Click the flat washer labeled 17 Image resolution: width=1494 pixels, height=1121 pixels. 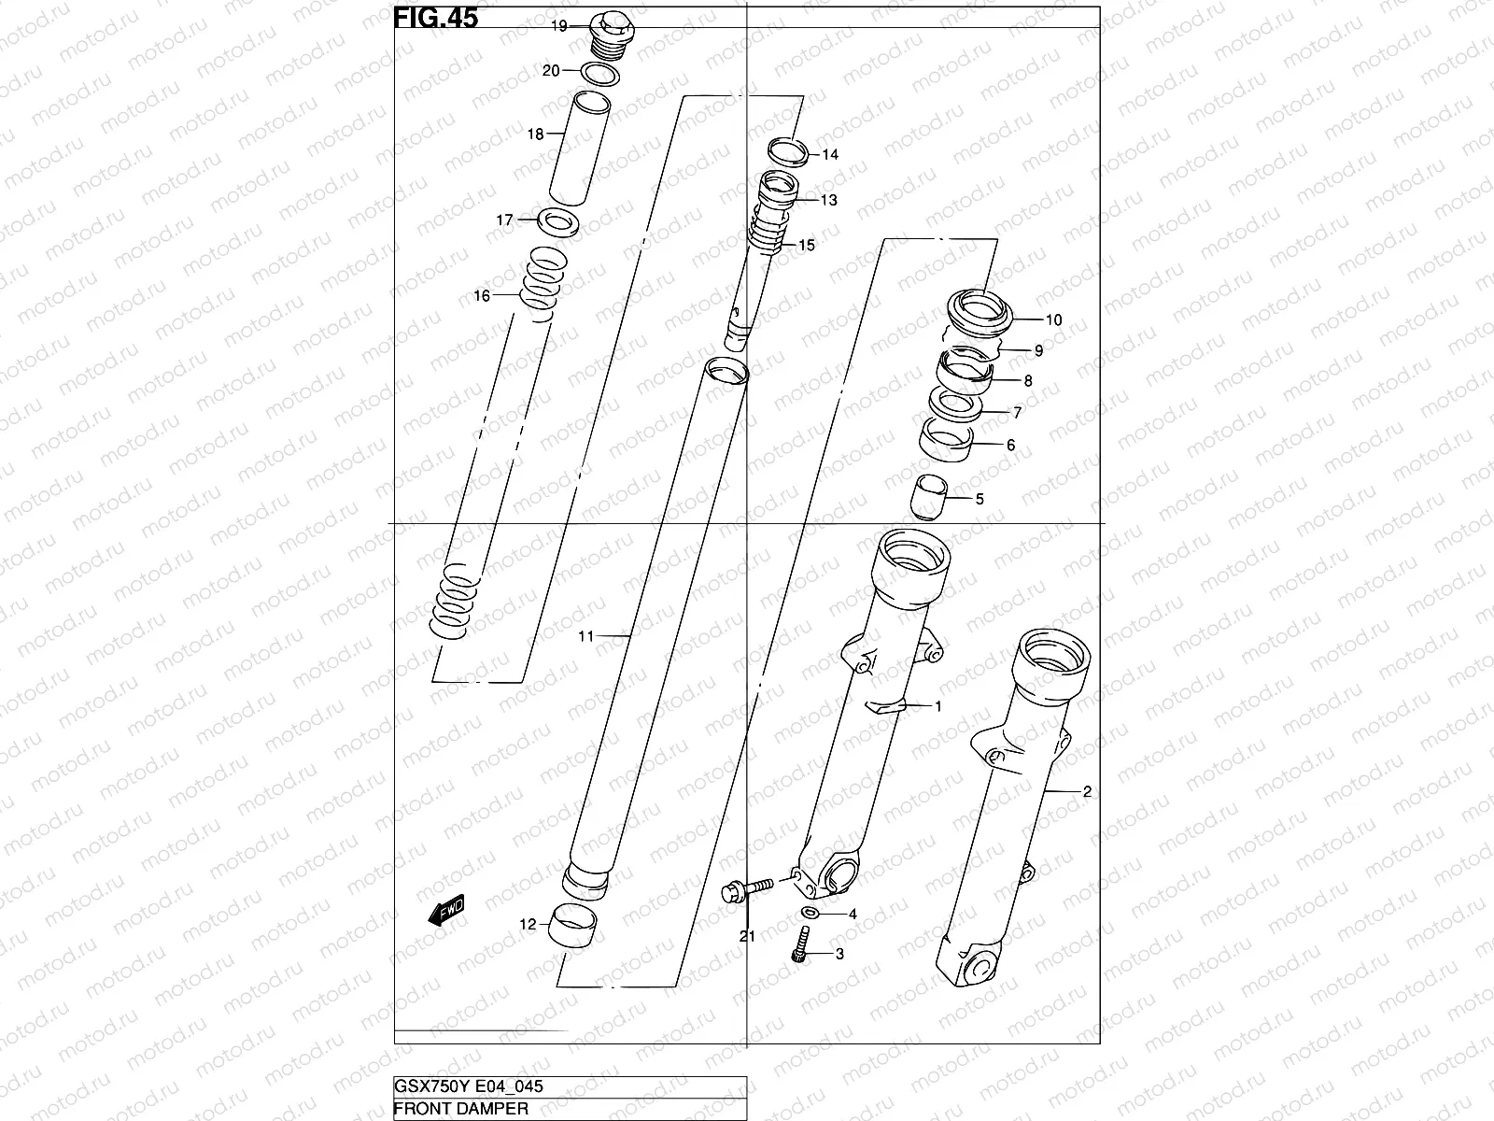(x=558, y=222)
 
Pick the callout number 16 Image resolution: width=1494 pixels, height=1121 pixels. (x=482, y=297)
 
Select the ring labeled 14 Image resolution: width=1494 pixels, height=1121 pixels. (x=789, y=150)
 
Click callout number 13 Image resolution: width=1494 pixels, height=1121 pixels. (x=829, y=200)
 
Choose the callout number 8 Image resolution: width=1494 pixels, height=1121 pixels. (x=1028, y=381)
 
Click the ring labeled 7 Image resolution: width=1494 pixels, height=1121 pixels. (x=954, y=405)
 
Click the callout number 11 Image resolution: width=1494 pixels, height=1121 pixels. (x=585, y=636)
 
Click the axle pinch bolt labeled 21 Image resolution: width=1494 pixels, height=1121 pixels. (x=746, y=887)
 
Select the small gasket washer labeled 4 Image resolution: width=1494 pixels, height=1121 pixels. (x=810, y=913)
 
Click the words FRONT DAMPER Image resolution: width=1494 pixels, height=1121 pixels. (x=461, y=1110)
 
